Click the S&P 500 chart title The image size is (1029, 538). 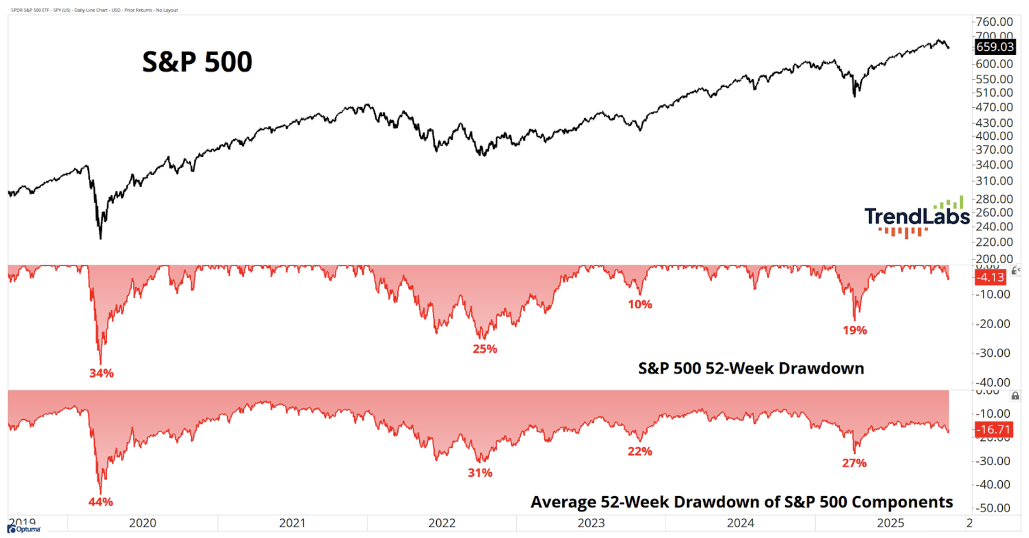tap(197, 62)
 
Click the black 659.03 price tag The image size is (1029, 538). tap(994, 47)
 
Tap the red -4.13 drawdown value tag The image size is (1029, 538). tap(989, 278)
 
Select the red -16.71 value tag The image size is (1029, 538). tap(993, 430)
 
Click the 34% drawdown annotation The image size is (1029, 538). tap(101, 373)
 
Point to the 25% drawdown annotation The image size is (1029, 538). tap(484, 349)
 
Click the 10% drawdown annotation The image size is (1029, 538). tap(640, 305)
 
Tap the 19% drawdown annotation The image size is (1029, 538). tap(854, 331)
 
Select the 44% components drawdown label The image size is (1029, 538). tap(101, 502)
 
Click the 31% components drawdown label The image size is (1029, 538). tap(480, 473)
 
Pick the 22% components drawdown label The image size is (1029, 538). tap(640, 452)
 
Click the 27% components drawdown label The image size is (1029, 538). tap(854, 464)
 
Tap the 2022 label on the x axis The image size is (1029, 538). tap(442, 523)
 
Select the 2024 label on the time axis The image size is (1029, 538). tap(740, 523)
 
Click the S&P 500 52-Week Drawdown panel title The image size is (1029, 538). tap(751, 369)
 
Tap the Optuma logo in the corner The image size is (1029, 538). tap(24, 529)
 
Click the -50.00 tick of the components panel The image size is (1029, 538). tap(993, 508)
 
